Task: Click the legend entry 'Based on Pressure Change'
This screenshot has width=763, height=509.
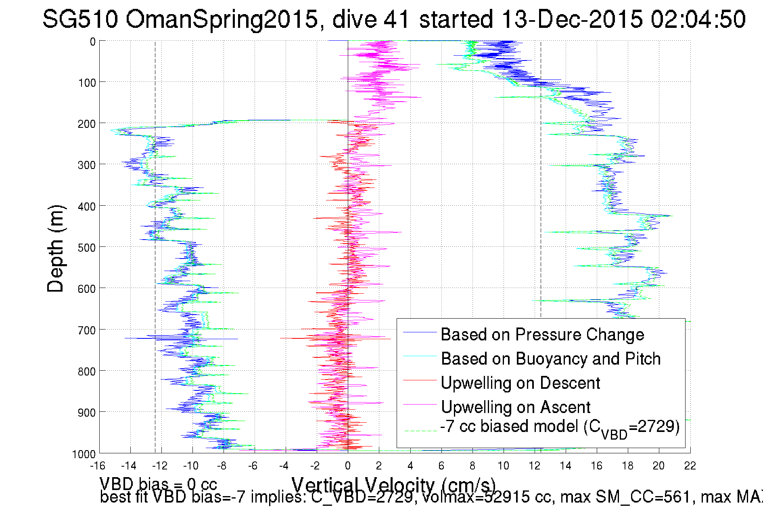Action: (542, 334)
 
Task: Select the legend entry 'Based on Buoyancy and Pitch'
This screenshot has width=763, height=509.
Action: (550, 359)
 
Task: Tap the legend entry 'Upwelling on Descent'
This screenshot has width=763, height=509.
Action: (520, 383)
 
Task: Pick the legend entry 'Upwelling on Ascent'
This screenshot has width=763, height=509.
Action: (515, 407)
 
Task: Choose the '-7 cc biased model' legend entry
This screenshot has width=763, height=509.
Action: (559, 427)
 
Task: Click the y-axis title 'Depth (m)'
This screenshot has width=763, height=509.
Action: (55, 248)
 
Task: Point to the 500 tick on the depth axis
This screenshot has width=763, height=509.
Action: (87, 247)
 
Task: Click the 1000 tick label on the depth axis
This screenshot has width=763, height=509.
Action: (84, 454)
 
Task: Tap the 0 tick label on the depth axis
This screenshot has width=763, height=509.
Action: (93, 42)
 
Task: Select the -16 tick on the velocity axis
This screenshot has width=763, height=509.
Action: (98, 466)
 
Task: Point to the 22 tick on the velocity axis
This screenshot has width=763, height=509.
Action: (690, 466)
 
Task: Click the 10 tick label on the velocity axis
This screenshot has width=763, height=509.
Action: (503, 466)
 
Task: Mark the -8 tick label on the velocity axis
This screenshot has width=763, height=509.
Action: (222, 466)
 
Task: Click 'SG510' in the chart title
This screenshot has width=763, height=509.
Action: (80, 19)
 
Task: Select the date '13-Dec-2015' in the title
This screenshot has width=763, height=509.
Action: (572, 19)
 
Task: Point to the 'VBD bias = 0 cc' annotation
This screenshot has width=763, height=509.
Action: (158, 484)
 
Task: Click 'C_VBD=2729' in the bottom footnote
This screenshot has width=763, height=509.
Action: (362, 497)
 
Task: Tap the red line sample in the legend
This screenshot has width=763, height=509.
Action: (420, 380)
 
